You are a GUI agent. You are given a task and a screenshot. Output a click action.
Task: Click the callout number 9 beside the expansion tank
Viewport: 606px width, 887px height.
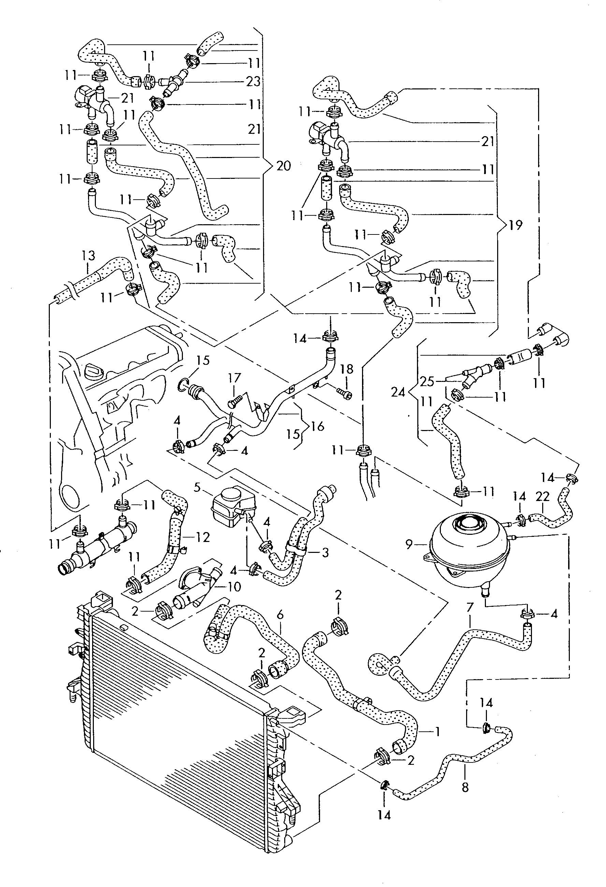coord(409,545)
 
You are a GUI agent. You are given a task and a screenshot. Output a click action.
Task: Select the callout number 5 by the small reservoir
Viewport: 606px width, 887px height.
coord(197,487)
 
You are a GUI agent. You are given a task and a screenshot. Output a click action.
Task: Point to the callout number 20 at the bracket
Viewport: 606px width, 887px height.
coord(283,166)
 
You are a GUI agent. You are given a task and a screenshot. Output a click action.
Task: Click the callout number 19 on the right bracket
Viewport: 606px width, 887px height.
coord(515,225)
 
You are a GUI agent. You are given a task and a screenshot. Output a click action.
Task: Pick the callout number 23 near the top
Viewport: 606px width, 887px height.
coord(253,81)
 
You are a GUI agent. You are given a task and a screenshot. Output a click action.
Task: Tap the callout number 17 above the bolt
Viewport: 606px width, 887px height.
coord(234,378)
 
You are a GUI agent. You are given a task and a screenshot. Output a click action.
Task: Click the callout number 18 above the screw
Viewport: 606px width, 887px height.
coord(346,369)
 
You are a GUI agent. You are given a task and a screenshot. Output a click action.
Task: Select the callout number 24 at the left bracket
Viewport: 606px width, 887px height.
coord(398,392)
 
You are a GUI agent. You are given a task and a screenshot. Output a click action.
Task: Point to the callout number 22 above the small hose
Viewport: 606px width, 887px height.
coord(542,496)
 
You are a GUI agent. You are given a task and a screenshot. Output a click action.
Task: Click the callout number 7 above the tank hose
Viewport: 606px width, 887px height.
coord(470,607)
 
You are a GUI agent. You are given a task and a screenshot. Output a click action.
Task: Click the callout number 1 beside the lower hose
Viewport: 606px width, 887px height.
coord(438,732)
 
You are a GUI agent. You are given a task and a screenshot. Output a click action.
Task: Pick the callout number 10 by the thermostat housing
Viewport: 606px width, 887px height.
coord(234,587)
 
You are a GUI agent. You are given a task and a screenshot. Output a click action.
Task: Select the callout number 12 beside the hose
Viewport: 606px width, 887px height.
coord(203,537)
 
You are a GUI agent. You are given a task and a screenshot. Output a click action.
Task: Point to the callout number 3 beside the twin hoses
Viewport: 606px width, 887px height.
coord(325,552)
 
